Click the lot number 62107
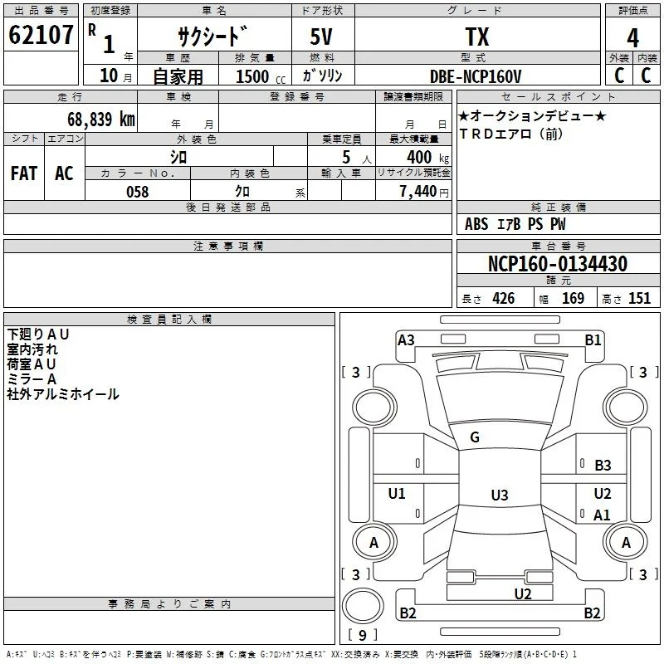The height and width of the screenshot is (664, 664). tap(41, 35)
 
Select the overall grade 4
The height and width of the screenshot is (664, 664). tap(632, 38)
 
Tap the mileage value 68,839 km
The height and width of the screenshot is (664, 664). tap(101, 120)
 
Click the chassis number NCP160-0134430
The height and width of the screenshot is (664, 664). tap(558, 264)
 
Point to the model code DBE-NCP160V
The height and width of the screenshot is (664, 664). tap(476, 76)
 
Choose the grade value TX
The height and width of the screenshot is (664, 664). tap(477, 37)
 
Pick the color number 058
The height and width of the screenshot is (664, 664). tap(138, 192)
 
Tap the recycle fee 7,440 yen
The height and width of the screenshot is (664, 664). tap(424, 192)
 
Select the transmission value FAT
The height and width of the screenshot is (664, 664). tap(24, 173)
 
